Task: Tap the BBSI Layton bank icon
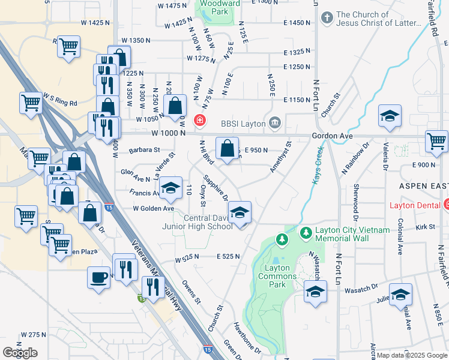(x=275, y=122)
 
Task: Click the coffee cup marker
(x=98, y=277)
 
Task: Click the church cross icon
(x=327, y=18)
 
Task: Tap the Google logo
(x=20, y=353)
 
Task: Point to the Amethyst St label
(x=280, y=157)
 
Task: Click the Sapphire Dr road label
(x=216, y=188)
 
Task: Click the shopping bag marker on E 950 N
(x=227, y=149)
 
